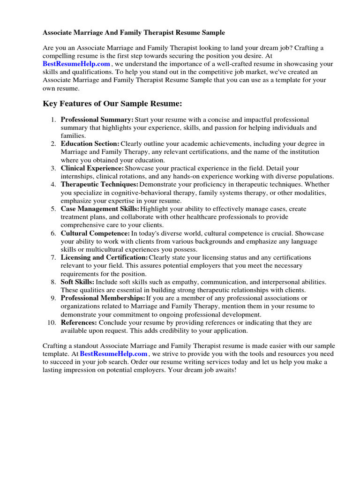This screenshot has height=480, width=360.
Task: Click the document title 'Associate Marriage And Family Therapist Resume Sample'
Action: pyautogui.click(x=134, y=33)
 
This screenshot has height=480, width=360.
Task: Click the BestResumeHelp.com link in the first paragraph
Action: pyautogui.click(x=76, y=64)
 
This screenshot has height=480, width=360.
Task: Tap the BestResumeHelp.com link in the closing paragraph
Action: pyautogui.click(x=114, y=354)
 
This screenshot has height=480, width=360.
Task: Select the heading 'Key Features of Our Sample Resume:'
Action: pyautogui.click(x=112, y=103)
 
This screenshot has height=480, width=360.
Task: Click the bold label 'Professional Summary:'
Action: pyautogui.click(x=97, y=120)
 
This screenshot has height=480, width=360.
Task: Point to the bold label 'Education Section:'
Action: pyautogui.click(x=90, y=144)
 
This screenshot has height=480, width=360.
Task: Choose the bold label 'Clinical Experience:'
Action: pyautogui.click(x=92, y=168)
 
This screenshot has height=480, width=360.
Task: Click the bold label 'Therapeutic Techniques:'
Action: pyautogui.click(x=99, y=185)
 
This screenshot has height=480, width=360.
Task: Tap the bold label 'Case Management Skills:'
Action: pyautogui.click(x=100, y=209)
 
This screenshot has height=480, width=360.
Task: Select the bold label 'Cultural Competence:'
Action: pyautogui.click(x=95, y=233)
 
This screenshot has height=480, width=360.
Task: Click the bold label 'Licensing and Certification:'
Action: pyautogui.click(x=104, y=258)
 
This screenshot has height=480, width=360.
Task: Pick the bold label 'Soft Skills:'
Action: pyautogui.click(x=77, y=282)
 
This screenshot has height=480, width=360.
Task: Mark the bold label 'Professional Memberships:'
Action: pyautogui.click(x=103, y=298)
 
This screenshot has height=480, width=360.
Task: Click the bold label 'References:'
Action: pyautogui.click(x=79, y=322)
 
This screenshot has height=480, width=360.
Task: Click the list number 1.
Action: pyautogui.click(x=53, y=120)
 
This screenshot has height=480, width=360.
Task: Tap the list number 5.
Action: pyautogui.click(x=53, y=209)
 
